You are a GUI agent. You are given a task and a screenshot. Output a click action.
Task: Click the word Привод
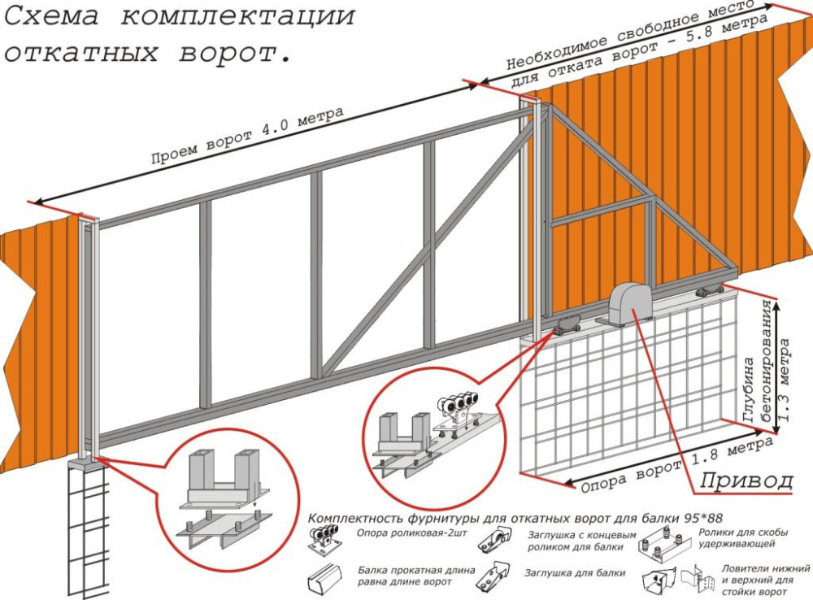[x=746, y=481]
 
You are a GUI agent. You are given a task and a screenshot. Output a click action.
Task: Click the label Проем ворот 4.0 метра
[x=247, y=135]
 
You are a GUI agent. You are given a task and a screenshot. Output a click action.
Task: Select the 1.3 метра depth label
[x=785, y=380]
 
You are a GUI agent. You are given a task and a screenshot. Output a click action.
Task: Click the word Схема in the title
[x=51, y=16]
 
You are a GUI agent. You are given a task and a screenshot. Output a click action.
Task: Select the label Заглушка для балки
[x=575, y=573]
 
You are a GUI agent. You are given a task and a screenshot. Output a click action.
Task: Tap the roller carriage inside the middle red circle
[x=457, y=411]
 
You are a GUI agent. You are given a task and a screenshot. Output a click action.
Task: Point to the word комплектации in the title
[x=238, y=16]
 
